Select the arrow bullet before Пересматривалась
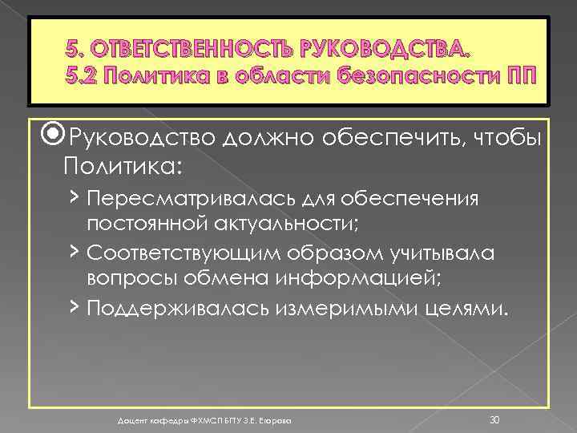(x=73, y=198)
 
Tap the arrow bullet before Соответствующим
(x=73, y=253)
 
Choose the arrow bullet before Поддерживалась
(x=73, y=307)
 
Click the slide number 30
(x=494, y=398)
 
